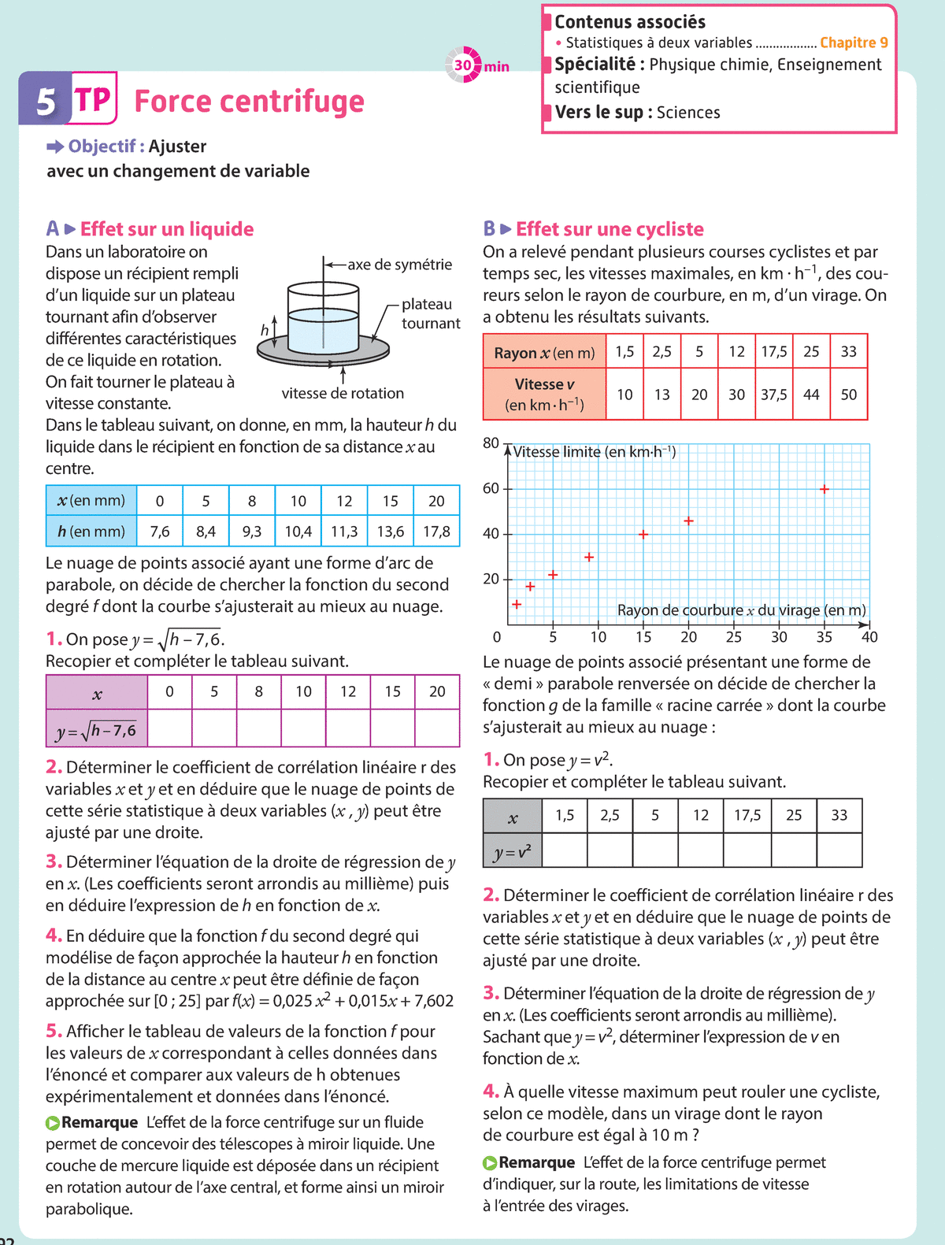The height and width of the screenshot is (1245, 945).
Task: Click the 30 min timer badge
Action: point(465,65)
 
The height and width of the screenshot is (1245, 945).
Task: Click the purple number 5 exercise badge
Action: point(46,100)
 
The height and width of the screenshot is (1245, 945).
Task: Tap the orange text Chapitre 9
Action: point(854,43)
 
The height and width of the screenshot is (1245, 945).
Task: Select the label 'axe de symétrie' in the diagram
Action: point(399,265)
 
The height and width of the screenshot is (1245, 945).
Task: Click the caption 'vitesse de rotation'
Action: point(343,393)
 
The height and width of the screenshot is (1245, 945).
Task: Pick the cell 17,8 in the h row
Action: point(436,532)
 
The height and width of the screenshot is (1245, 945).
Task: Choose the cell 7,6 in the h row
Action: point(160,532)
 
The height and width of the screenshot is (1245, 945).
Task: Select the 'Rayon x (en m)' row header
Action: point(544,353)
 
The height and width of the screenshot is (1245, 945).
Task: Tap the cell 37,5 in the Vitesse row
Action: point(773,395)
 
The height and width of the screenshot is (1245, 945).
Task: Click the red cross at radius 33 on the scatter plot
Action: point(825,489)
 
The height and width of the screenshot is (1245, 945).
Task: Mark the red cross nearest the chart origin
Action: point(517,604)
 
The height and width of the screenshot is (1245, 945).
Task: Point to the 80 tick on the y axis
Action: point(491,443)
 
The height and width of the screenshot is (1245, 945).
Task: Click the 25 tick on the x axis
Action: point(734,636)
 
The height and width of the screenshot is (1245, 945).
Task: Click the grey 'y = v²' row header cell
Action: point(513,851)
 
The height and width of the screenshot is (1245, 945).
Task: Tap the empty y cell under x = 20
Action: point(436,728)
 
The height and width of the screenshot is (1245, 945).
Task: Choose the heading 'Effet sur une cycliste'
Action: point(610,229)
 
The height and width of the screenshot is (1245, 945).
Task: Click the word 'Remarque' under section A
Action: point(99,1122)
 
